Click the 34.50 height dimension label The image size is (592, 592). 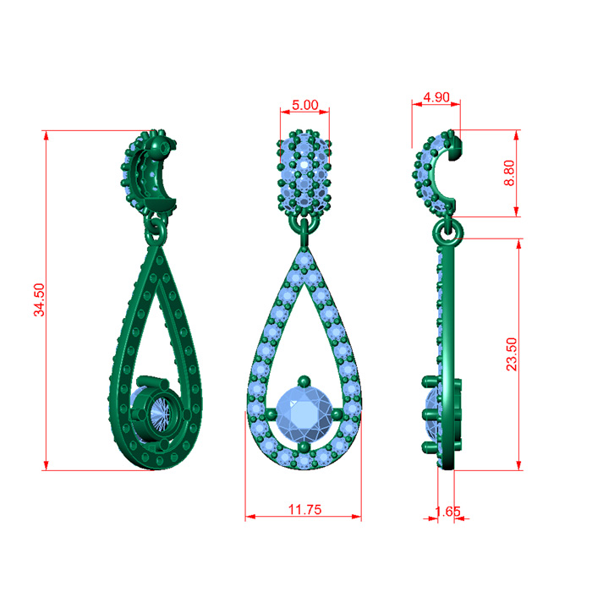(x=39, y=299)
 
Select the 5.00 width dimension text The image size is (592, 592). (x=305, y=105)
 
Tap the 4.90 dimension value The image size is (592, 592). (x=436, y=97)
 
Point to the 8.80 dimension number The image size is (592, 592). (x=509, y=173)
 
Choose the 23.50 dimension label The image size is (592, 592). (x=512, y=354)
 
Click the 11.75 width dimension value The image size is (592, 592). (x=305, y=509)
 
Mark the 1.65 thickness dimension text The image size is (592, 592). (x=447, y=511)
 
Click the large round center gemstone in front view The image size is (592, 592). (x=304, y=414)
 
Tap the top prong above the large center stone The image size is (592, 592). (x=304, y=381)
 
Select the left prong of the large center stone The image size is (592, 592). (x=271, y=414)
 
